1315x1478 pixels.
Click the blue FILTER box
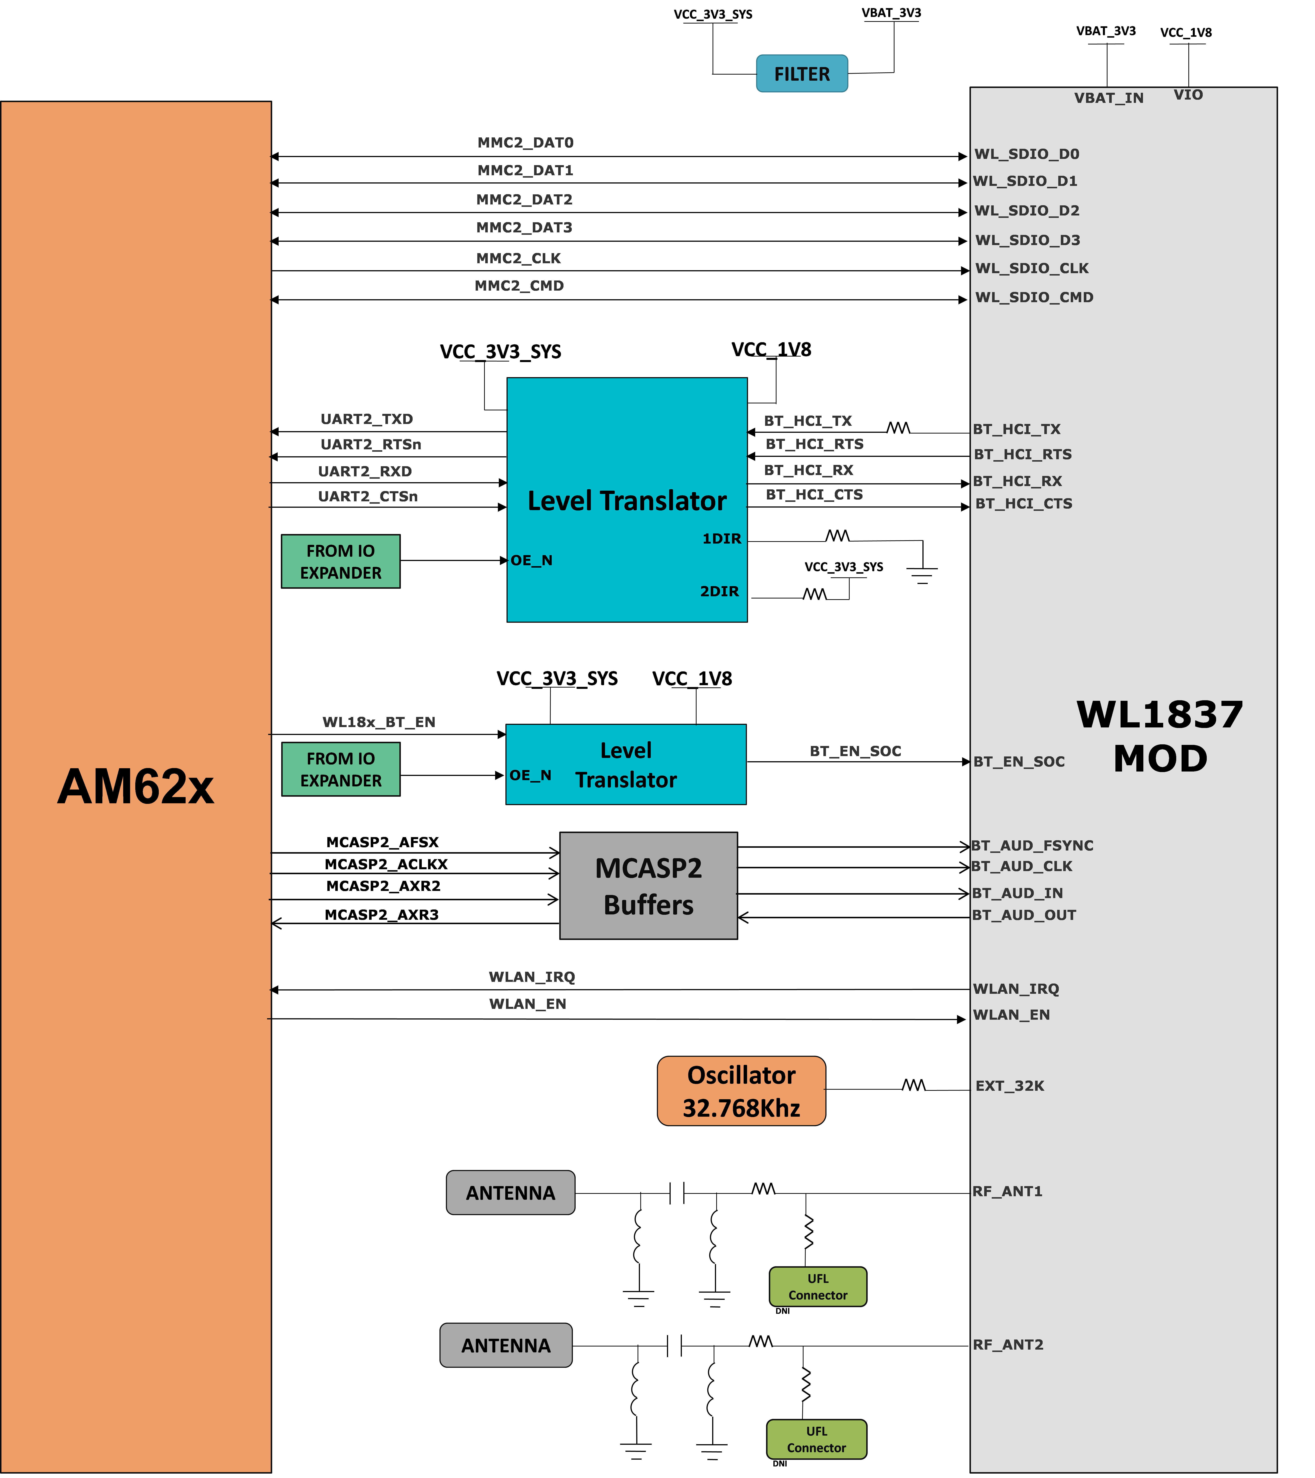click(x=801, y=74)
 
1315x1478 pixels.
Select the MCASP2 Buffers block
click(x=648, y=886)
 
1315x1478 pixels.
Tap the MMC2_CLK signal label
click(x=518, y=258)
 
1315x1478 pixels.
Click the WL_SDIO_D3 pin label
click(x=1027, y=240)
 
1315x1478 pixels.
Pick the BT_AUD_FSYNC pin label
click(x=1032, y=845)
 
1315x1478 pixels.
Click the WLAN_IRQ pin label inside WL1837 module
click(x=1016, y=988)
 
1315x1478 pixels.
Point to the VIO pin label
click(x=1188, y=95)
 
